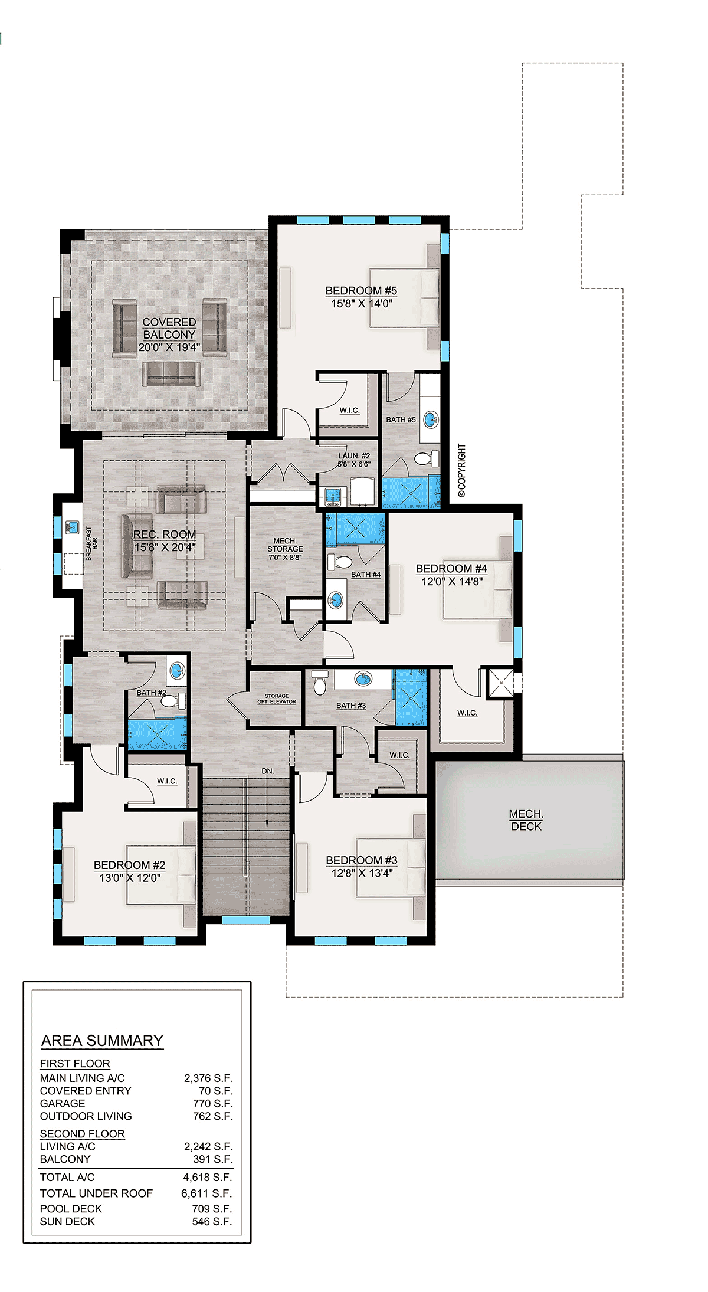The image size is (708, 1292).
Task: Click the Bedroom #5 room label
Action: (x=361, y=291)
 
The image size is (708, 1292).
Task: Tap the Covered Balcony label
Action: (x=169, y=328)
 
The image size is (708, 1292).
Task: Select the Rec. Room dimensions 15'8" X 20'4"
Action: (x=165, y=547)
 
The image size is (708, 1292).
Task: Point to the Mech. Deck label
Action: (x=526, y=820)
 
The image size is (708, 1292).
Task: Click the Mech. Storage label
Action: (x=285, y=545)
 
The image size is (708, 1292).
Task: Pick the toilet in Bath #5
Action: (x=427, y=458)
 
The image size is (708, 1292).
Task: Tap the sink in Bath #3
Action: (x=363, y=678)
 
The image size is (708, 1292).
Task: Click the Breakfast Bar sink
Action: (x=73, y=527)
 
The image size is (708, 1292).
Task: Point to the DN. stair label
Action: (x=268, y=771)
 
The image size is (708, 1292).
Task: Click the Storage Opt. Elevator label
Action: (x=277, y=699)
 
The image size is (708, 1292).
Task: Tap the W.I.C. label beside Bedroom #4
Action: (x=467, y=713)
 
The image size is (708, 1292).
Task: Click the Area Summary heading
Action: (x=102, y=1041)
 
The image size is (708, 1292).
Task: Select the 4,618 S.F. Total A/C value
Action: (x=208, y=1177)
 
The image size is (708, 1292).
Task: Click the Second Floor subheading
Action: (x=82, y=1133)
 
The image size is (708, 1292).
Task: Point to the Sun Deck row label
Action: (x=67, y=1221)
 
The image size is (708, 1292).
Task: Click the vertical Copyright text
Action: (x=461, y=471)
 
